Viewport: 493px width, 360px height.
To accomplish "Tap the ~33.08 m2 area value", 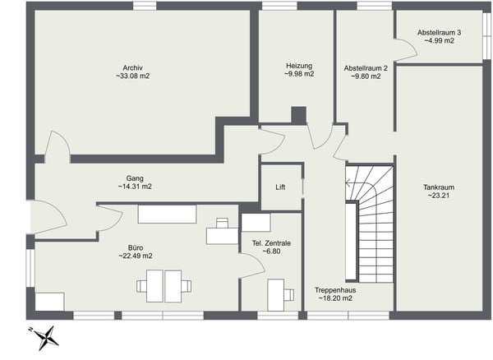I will coord(133,76).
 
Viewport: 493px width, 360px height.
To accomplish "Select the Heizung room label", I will coord(300,65).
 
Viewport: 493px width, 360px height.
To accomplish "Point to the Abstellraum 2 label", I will coord(366,67).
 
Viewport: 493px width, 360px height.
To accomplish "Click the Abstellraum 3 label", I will coord(439,32).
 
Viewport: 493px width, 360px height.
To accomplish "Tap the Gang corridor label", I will coord(135,178).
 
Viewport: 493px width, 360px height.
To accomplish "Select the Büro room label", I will coord(135,247).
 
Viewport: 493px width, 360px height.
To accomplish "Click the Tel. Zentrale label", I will coord(271,243).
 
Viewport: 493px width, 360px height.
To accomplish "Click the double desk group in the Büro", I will coord(164,286).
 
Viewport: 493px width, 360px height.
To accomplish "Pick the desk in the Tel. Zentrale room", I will coord(278,291).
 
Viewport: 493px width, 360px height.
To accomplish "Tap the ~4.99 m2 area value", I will coord(439,41).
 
